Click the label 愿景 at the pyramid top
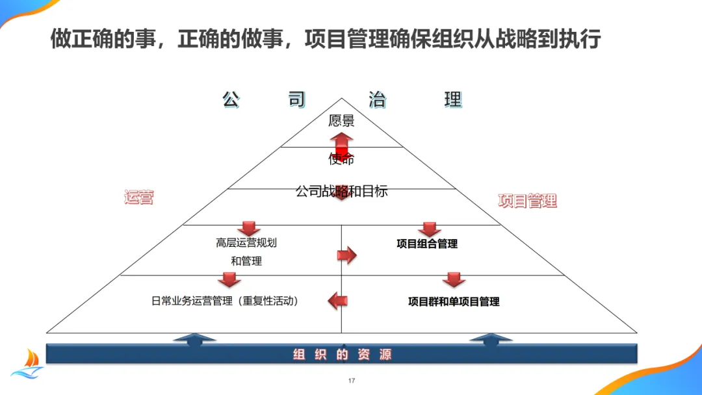click(341, 121)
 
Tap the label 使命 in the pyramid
click(341, 159)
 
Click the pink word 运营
click(138, 197)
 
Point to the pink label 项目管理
click(527, 201)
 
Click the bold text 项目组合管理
click(427, 244)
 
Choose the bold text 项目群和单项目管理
click(454, 301)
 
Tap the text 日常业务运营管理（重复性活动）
click(225, 301)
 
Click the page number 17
click(352, 381)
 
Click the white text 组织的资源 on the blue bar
click(342, 355)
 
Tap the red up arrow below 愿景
click(341, 144)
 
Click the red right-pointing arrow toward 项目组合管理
click(347, 255)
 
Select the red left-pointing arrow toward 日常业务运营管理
click(337, 300)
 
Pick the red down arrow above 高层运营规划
click(248, 228)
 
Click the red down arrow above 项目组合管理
click(429, 229)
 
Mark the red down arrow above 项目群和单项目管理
click(454, 279)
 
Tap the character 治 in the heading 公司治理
click(377, 100)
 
